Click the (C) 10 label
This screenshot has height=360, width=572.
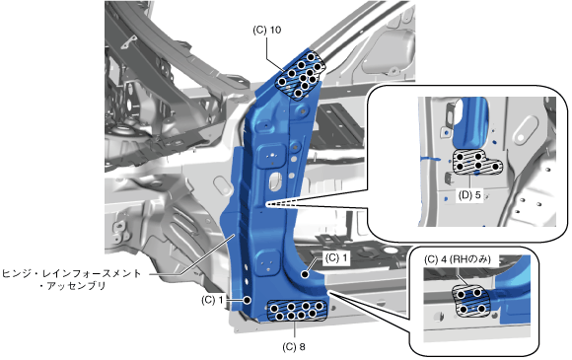(266, 30)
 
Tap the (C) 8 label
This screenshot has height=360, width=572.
(294, 347)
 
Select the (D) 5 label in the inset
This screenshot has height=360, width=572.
(469, 195)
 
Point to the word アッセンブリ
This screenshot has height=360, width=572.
(76, 286)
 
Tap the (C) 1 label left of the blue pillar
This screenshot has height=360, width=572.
(212, 300)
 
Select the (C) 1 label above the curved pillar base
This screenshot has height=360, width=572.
(336, 257)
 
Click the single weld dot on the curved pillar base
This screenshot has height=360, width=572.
(305, 274)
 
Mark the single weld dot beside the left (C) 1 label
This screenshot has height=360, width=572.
(247, 300)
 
